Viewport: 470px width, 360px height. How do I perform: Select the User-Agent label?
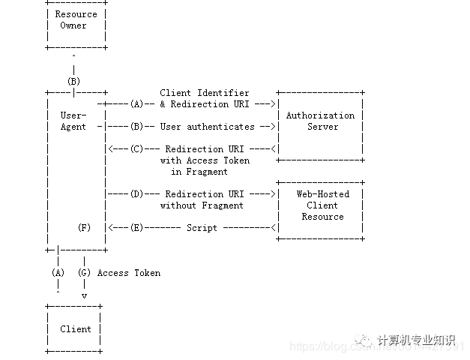coord(73,121)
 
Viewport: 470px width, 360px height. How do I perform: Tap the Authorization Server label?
coord(321,121)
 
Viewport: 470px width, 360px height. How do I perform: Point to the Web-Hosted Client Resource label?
coord(322,205)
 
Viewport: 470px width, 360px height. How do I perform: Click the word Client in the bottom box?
coord(76,328)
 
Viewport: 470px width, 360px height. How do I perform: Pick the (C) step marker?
coord(136,149)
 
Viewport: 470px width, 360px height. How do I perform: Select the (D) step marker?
coord(136,194)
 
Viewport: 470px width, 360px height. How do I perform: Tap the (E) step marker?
coord(136,228)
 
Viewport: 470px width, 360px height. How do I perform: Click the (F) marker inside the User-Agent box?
coord(84,227)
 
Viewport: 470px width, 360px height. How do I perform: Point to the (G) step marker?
coord(84,273)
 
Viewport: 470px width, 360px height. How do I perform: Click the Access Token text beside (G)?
coord(129,273)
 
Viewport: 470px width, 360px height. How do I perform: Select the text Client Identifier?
coord(205,93)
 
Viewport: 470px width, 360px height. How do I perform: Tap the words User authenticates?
coord(207,127)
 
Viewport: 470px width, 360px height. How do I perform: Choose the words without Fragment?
coord(202,205)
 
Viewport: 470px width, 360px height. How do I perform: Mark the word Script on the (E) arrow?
coord(202,228)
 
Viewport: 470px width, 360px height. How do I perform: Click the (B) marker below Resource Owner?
coord(73,81)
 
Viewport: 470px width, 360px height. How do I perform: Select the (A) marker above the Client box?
coord(58,273)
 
